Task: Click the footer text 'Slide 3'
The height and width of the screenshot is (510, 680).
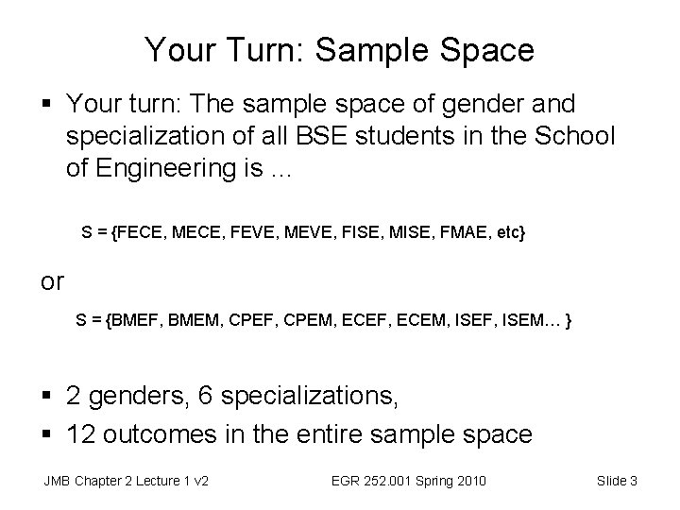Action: tap(618, 482)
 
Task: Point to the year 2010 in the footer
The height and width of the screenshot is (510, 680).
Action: tap(469, 482)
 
